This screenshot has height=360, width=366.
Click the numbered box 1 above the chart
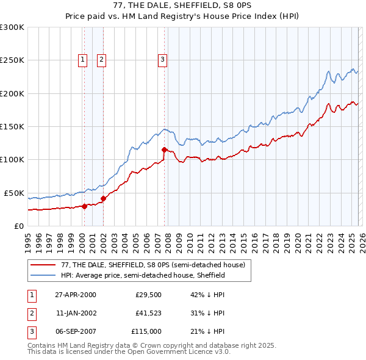click(x=82, y=59)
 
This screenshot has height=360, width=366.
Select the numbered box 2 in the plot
click(x=101, y=59)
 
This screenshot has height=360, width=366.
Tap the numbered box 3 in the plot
click(x=162, y=59)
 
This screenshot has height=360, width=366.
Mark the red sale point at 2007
click(x=164, y=149)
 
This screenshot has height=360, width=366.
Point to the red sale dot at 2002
click(x=103, y=198)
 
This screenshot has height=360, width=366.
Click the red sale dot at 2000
click(x=85, y=206)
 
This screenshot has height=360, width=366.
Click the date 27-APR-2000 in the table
click(x=76, y=294)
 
